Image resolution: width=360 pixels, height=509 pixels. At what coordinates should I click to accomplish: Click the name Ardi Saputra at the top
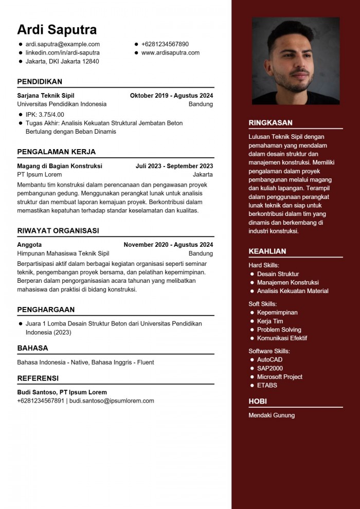57,29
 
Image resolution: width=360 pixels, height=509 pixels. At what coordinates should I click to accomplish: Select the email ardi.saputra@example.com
62,44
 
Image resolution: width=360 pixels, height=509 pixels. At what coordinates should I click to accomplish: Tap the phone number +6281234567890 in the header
165,44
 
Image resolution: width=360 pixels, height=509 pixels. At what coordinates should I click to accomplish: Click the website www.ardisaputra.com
170,52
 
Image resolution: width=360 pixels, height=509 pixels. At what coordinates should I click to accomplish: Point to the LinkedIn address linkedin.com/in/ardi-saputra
62,52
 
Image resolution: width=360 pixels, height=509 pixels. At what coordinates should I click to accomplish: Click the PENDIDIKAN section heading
40,82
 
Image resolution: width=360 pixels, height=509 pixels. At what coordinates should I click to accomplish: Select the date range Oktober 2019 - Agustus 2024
171,96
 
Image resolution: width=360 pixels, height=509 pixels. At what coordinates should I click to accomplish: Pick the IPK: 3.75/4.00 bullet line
45,114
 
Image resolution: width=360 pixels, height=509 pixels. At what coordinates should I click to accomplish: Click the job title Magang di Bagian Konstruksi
60,166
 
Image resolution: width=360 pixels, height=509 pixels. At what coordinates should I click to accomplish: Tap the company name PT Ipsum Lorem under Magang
39,175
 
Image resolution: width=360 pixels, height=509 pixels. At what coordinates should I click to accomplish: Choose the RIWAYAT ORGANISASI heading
58,231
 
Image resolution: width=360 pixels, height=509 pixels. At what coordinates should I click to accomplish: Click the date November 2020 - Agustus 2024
168,245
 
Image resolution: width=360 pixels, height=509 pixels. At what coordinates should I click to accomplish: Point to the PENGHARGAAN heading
46,310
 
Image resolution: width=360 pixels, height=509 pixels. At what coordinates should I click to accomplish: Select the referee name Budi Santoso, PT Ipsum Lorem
62,392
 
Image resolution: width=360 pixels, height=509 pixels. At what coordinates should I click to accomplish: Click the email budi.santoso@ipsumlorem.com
112,401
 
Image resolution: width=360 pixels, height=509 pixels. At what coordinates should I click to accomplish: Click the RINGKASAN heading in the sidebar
271,123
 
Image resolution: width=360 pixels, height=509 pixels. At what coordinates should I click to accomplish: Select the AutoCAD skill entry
269,360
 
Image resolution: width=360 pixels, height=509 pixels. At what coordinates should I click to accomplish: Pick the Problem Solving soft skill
279,330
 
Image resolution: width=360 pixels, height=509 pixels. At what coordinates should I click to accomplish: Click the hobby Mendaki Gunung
272,415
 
